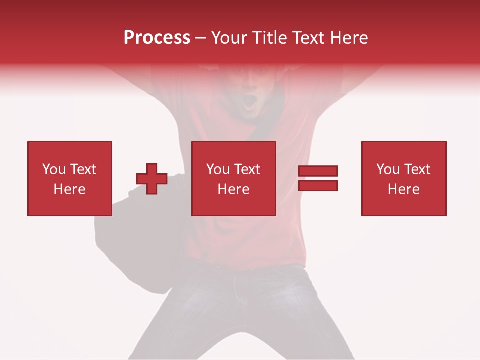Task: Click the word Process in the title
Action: point(157,38)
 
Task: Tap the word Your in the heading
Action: point(229,38)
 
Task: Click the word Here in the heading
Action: point(349,38)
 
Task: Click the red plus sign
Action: point(152,179)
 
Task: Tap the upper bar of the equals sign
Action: point(318,171)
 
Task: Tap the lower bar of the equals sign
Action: point(318,186)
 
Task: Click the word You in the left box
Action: point(54,169)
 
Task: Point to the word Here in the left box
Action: point(70,189)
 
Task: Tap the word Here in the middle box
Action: point(234,189)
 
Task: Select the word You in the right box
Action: point(388,169)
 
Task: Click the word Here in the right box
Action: point(404,189)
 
